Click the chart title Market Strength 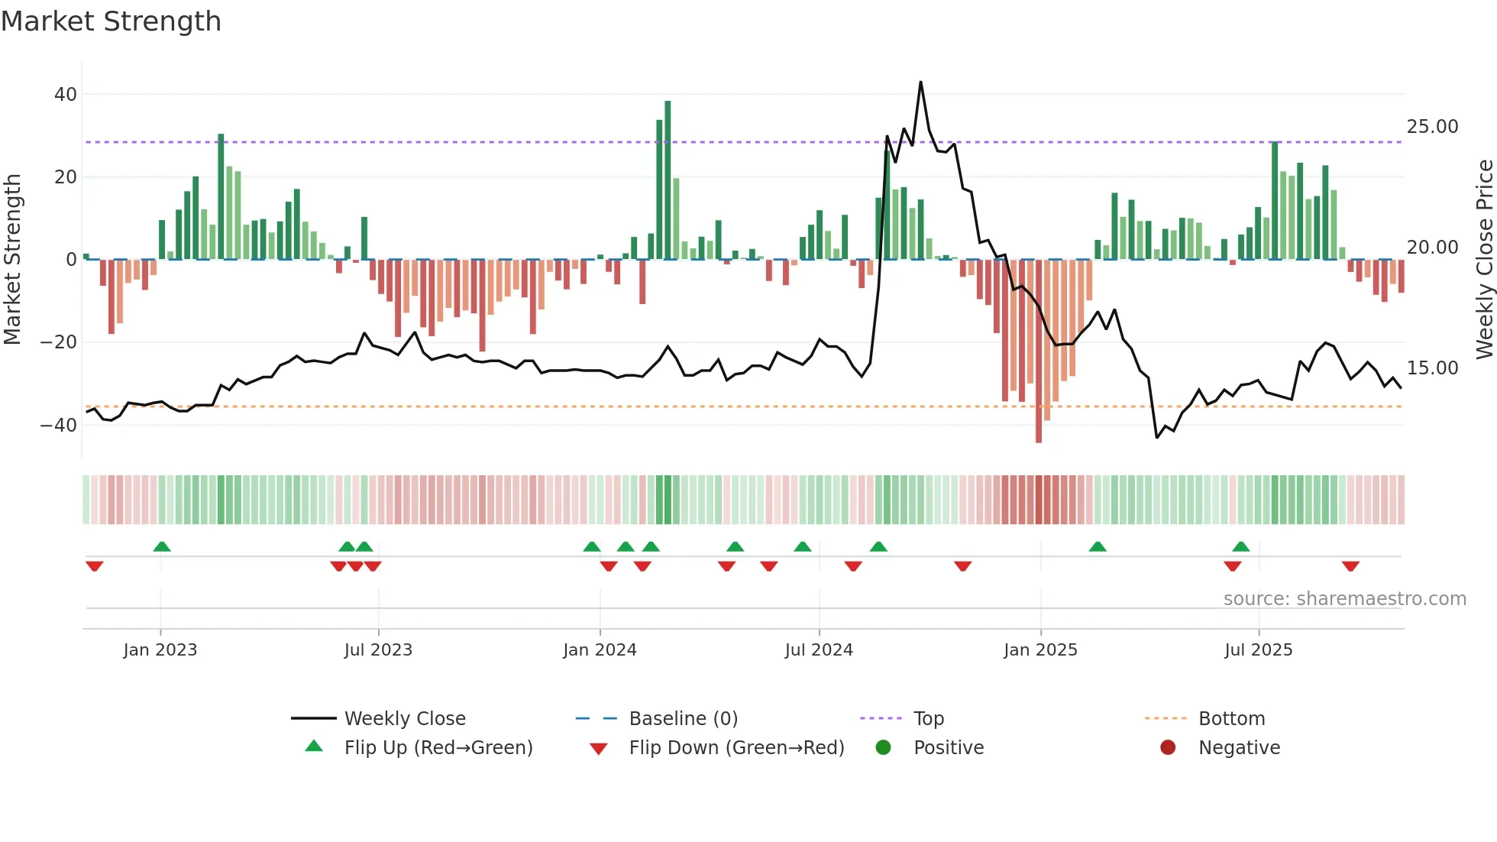click(111, 21)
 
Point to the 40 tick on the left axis click(66, 95)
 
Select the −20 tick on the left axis click(59, 342)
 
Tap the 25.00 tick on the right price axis click(1432, 127)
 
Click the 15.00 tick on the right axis click(1432, 368)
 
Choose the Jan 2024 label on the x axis click(600, 650)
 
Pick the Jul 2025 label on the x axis click(1258, 650)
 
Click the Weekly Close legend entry click(404, 719)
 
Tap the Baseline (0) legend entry click(683, 719)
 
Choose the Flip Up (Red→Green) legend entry click(438, 748)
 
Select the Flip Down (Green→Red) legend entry click(736, 748)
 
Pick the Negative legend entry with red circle click(1238, 748)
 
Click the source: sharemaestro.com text click(1344, 599)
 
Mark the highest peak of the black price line click(920, 83)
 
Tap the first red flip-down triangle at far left click(95, 566)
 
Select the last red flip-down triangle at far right click(1350, 566)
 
